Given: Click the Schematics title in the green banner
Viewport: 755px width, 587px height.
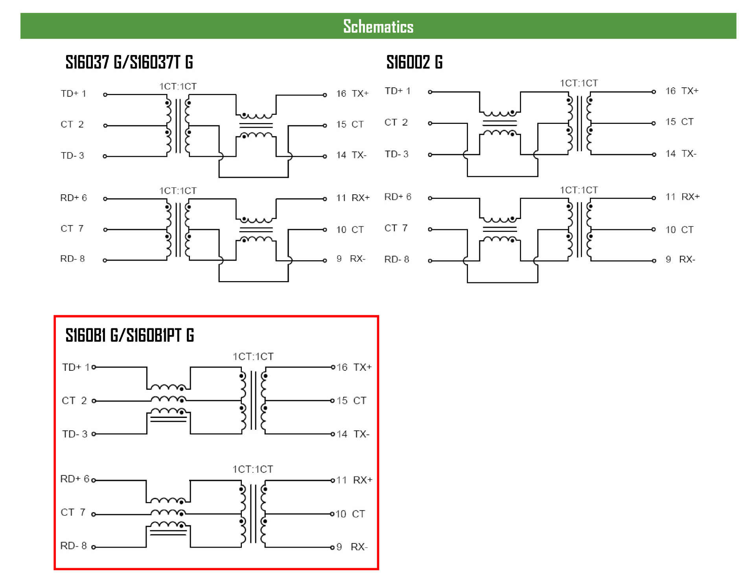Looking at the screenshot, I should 378,26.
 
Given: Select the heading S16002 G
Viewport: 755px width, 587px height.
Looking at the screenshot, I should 414,62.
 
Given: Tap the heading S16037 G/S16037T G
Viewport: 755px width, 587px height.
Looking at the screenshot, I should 129,62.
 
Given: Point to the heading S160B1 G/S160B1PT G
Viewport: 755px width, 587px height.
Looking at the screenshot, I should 129,335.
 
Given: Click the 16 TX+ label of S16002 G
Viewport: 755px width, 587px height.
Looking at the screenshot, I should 681,91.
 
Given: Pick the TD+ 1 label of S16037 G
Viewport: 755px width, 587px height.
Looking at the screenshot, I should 73,94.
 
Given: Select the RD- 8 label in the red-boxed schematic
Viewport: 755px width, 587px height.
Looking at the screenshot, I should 73,546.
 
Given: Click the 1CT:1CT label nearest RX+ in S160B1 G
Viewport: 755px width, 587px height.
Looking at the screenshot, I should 252,469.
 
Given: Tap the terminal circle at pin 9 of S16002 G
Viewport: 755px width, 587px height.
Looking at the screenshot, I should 654,261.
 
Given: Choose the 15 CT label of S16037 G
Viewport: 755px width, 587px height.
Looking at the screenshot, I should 350,124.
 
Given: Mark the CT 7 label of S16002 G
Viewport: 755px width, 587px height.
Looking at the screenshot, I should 396,228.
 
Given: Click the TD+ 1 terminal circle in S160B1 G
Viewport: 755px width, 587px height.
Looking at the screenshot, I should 94,367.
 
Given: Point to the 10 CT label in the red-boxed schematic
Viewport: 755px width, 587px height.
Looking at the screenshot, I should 350,514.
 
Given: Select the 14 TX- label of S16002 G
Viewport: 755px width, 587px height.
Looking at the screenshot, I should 681,154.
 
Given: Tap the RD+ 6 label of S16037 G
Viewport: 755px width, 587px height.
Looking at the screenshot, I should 73,198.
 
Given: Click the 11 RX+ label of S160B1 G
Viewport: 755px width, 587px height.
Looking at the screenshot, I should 354,480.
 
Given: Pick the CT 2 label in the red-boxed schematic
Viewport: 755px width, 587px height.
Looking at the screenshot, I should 74,401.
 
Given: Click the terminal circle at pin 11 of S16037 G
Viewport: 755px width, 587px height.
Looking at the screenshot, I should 325,199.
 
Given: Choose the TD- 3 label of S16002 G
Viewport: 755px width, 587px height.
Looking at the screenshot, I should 396,154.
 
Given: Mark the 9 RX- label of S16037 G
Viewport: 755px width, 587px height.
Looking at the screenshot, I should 351,259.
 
